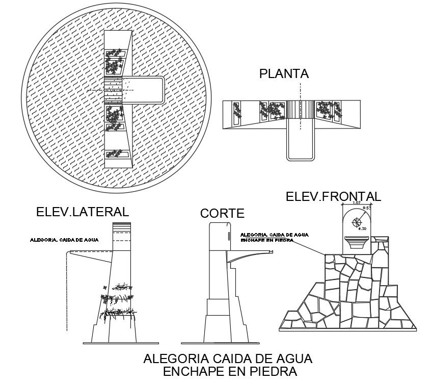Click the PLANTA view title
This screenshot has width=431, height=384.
click(284, 74)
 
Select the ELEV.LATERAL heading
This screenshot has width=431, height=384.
click(82, 212)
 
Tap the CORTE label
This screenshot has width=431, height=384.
click(222, 213)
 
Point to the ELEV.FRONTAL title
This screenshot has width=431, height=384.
click(333, 196)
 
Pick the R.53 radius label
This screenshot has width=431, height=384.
click(366, 209)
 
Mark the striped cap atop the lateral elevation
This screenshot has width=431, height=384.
click(122, 228)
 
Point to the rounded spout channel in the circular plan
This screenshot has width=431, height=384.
click(147, 90)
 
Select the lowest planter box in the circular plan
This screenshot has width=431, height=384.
click(117, 153)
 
